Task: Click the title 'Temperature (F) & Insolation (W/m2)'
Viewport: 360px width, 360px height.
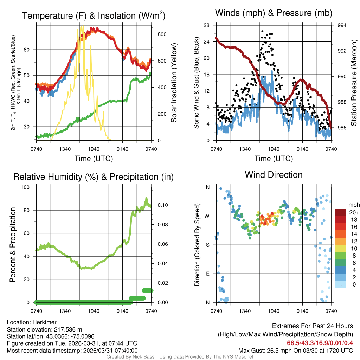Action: pos(94,16)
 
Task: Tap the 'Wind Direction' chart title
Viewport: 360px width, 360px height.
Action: pos(274,175)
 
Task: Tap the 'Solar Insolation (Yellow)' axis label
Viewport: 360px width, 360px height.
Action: pos(174,83)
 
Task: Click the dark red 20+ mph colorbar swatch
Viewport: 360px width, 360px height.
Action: pos(340,212)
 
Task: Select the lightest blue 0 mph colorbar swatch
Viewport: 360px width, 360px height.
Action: pos(340,284)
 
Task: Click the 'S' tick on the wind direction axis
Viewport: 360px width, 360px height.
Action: pos(207,245)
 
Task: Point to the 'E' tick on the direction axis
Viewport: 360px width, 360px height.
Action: pos(207,274)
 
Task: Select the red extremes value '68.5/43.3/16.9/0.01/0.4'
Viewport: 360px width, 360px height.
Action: pos(320,343)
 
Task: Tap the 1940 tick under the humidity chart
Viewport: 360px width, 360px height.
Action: pos(94,311)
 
